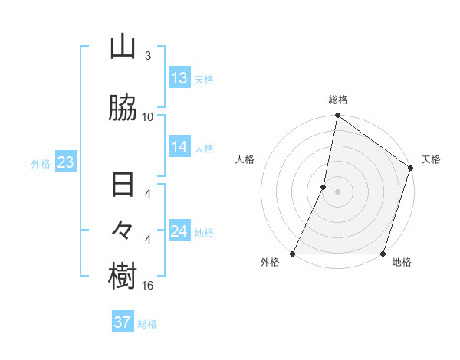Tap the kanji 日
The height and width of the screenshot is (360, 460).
[x=123, y=186]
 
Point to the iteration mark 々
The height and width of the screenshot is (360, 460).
[x=123, y=229]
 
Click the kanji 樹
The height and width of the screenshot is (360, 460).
[x=123, y=276]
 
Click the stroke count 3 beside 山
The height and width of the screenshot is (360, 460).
[x=148, y=56]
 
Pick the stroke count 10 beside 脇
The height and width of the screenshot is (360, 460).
[x=148, y=117]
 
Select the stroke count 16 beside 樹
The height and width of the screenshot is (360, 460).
[x=149, y=286]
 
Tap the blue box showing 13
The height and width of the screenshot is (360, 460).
[x=179, y=78]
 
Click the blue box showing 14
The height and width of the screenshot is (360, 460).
[x=179, y=147]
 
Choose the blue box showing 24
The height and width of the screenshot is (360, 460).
[x=179, y=231]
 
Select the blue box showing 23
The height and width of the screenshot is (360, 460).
[x=65, y=162]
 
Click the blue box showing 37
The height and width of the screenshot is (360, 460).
[x=123, y=322]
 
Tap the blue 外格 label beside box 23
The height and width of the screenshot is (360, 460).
[x=41, y=163]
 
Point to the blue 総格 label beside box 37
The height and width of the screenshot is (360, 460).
[x=147, y=323]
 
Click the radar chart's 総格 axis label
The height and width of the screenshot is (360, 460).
[x=338, y=100]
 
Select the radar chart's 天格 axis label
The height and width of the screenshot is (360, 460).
[x=431, y=159]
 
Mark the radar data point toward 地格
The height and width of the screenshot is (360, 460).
[x=383, y=254]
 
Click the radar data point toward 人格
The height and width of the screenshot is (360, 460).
[x=324, y=187]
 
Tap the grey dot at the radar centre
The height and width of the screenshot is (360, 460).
[x=337, y=191]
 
